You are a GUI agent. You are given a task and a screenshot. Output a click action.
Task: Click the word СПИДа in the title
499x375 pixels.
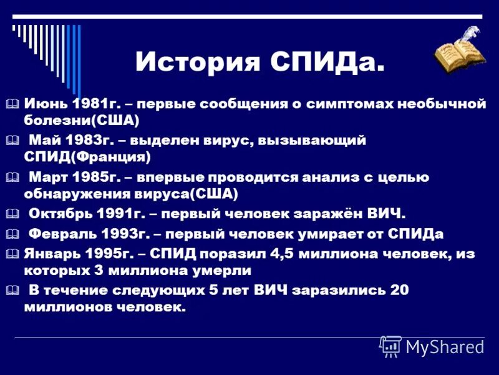tap(328, 62)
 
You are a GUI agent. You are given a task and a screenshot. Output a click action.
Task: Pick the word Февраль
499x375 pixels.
tap(62, 234)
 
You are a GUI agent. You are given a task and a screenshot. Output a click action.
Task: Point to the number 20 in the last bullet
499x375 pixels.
tap(400, 291)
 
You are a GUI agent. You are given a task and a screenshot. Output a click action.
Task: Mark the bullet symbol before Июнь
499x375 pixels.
tap(15, 104)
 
